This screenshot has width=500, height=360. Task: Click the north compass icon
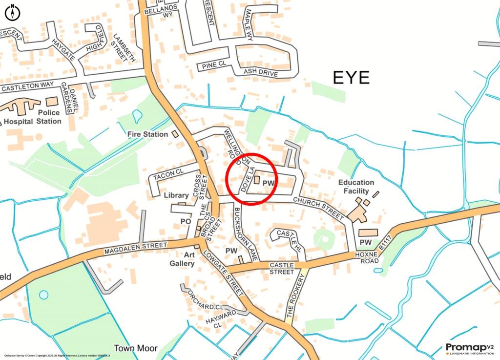point(12,12)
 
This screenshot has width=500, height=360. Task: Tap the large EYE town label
point(351,78)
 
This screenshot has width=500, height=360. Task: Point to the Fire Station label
point(147,134)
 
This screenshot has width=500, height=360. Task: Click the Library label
point(176,195)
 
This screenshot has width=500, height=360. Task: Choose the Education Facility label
point(356,187)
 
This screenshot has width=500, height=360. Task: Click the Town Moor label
point(136,348)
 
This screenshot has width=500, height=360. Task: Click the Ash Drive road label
point(261,73)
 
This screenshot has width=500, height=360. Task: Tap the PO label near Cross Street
point(186,221)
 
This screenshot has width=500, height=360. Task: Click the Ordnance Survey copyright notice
point(63,356)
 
